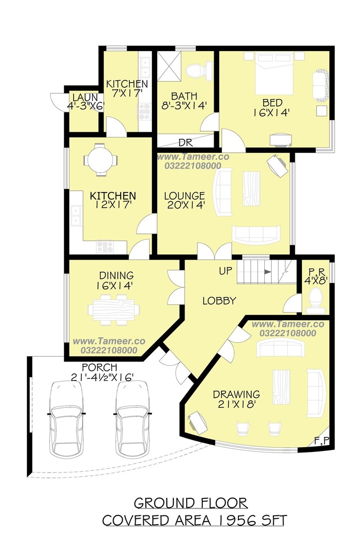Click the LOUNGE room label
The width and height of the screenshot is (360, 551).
point(185,195)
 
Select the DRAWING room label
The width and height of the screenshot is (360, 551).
point(236,394)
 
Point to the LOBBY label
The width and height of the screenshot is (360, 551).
point(219,300)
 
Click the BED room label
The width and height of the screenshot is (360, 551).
point(272,103)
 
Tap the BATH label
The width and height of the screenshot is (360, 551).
point(184,96)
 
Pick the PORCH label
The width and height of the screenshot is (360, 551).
point(100,368)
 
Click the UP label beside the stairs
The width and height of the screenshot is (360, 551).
point(225,271)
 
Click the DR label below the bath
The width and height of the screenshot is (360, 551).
point(185,143)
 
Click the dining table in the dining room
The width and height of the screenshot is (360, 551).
point(113,309)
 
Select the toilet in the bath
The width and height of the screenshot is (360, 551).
point(199,70)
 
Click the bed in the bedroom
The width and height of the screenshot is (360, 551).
point(274,73)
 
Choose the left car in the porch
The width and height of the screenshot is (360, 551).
point(66,419)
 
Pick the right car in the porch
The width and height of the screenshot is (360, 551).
point(132,419)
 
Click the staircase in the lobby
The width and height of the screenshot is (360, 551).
point(266,271)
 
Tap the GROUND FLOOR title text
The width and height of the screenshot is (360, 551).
point(190,503)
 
